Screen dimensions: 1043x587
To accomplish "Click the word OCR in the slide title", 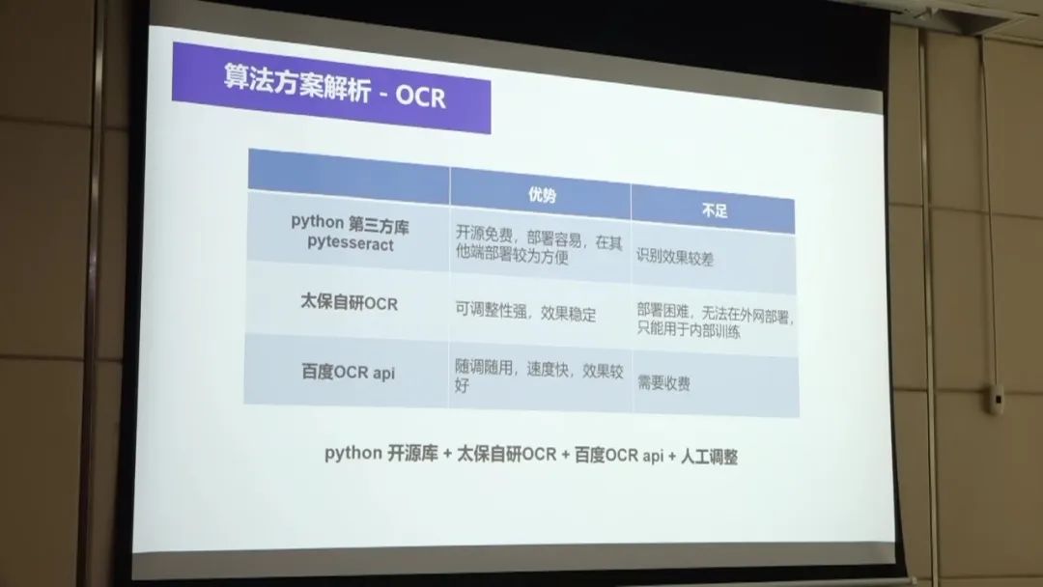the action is [420, 98].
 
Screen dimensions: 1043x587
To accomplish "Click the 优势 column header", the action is [542, 195].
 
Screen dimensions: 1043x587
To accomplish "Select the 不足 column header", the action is [715, 210].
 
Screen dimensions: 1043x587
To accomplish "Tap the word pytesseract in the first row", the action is [351, 243].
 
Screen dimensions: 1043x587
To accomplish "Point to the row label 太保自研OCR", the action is [350, 302].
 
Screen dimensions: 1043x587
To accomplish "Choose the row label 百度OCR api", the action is [348, 372].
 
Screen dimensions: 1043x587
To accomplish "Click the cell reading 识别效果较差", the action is [674, 257].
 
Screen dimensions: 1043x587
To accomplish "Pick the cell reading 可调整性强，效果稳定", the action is [525, 312].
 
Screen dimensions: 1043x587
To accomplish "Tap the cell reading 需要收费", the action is [663, 382].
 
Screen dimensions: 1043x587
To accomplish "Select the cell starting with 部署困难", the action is [715, 321].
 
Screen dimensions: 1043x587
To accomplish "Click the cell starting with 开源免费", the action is [539, 244].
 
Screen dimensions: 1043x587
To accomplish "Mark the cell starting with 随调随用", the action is [539, 376].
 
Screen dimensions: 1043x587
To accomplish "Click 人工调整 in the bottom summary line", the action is [709, 457].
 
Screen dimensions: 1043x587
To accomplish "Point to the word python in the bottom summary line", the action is [353, 454].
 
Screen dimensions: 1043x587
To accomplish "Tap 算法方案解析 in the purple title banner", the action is [296, 84].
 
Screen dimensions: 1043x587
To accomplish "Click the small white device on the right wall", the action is [996, 399].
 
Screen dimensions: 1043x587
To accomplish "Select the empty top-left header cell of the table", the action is [349, 176].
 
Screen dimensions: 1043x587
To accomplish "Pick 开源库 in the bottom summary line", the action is [412, 454].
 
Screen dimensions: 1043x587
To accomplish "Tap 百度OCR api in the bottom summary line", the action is [619, 456].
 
